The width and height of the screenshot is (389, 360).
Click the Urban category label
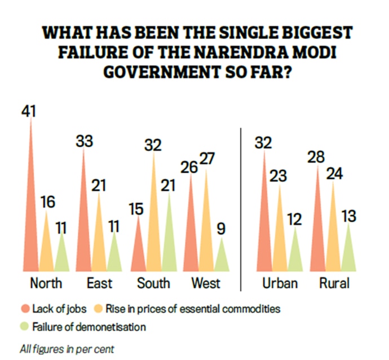coord(280,282)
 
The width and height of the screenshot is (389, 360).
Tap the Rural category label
coord(334,282)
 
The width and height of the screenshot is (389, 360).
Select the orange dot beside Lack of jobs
coord(25,309)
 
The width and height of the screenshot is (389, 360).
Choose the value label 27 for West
coord(207,159)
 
